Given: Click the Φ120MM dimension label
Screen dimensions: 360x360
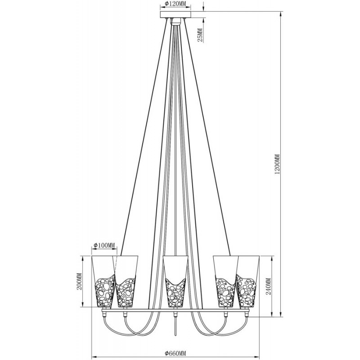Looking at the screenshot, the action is coord(175,4).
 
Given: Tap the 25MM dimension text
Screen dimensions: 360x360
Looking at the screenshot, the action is coord(200,35).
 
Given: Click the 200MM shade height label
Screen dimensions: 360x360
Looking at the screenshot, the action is coord(80,282).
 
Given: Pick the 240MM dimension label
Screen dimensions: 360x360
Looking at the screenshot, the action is coord(269,286).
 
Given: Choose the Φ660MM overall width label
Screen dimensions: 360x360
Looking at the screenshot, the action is coord(175,353).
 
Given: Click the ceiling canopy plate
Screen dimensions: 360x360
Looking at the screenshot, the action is coord(175,14).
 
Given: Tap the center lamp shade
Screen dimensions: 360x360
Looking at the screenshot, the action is coord(175,282).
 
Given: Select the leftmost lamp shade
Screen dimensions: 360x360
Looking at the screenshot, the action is coord(103,281).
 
